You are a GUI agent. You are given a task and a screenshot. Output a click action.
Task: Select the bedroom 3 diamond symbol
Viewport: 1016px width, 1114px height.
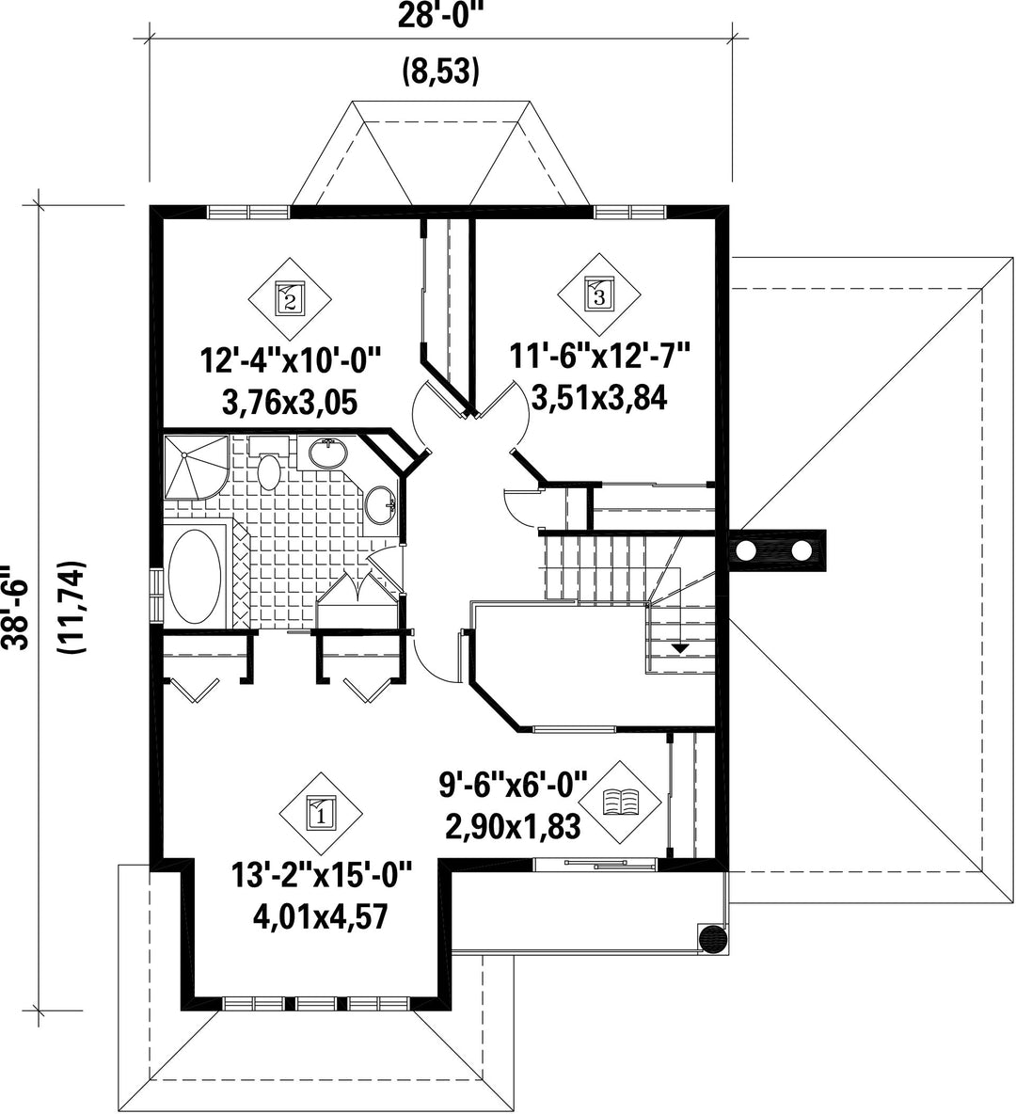(598, 294)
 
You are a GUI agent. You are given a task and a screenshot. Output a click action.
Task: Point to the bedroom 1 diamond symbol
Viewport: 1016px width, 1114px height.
(321, 813)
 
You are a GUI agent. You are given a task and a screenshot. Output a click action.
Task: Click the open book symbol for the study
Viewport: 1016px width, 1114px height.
(620, 803)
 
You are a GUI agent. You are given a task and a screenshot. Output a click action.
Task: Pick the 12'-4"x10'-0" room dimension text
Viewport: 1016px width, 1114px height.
(292, 361)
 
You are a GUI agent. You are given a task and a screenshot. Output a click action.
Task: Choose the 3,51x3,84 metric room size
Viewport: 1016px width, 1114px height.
(599, 398)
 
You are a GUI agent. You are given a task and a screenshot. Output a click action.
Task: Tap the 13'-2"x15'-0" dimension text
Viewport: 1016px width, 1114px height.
(322, 875)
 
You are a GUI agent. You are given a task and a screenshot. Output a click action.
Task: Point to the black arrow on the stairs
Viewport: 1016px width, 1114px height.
(680, 647)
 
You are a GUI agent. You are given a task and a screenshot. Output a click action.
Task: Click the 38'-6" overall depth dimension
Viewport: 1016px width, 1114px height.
(16, 607)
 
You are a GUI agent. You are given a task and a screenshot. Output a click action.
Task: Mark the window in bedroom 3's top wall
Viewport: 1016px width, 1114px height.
(629, 212)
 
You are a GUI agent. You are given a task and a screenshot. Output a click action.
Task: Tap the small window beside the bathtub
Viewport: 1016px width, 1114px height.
(156, 596)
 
